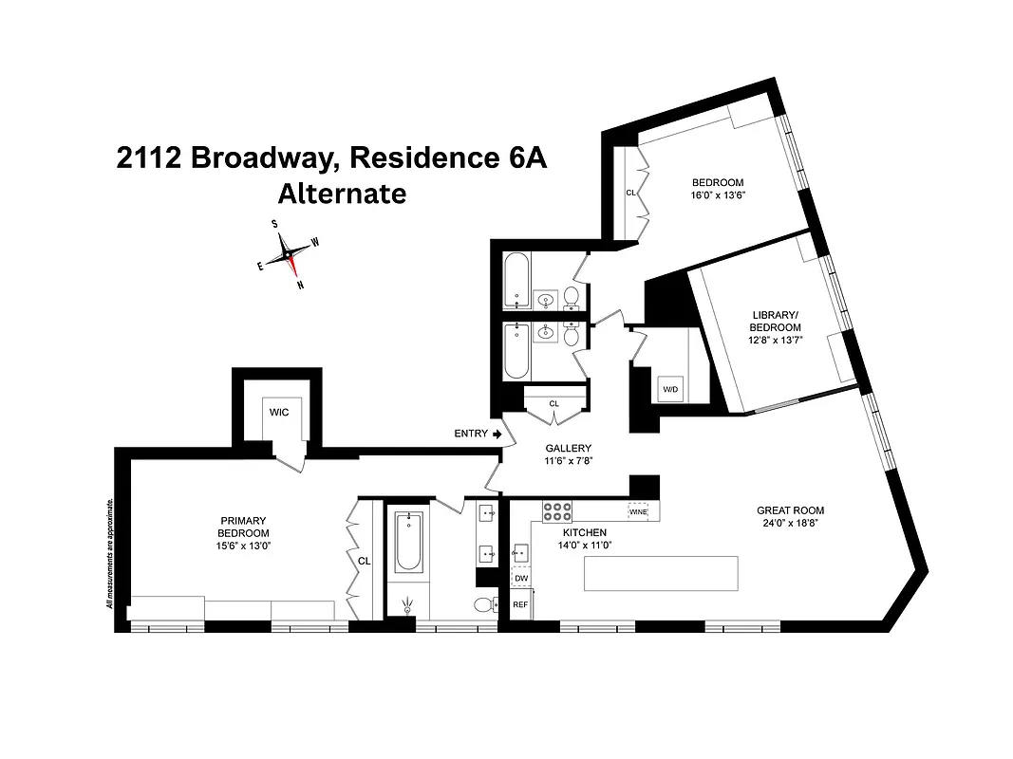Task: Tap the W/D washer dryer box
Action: click(x=670, y=389)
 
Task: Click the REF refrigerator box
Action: click(x=520, y=603)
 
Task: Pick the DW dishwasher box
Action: click(x=520, y=578)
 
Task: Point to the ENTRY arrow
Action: click(x=496, y=434)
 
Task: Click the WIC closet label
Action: click(x=278, y=412)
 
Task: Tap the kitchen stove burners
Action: click(x=556, y=512)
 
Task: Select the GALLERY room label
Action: click(x=568, y=449)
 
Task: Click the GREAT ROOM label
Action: click(x=790, y=510)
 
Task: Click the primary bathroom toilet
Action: click(x=484, y=604)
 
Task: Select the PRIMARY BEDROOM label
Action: click(x=244, y=527)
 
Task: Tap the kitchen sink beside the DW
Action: click(x=519, y=550)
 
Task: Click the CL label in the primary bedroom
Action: click(x=363, y=561)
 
